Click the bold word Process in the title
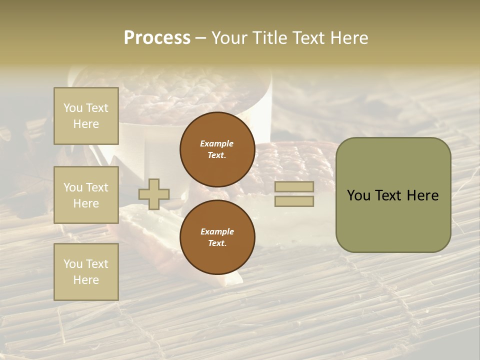point(157,38)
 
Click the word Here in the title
point(348,38)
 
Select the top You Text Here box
point(86,116)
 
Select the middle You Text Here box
point(86,195)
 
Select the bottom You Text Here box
point(86,271)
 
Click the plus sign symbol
point(154,194)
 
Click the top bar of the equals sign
point(294,186)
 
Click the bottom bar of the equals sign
point(294,201)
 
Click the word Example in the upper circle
point(217,143)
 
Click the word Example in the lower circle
point(217,231)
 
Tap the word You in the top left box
point(73,108)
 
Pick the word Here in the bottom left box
point(86,280)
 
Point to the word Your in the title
point(230,38)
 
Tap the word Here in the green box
point(422,195)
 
